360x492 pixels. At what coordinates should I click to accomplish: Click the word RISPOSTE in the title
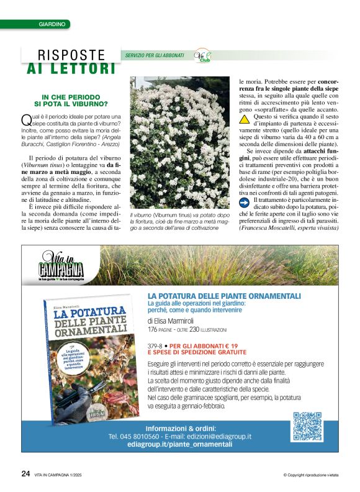(71, 55)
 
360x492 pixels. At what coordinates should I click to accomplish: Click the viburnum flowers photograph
(179, 142)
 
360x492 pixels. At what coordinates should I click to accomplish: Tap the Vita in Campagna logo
(61, 266)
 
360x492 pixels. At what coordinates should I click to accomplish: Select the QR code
(307, 426)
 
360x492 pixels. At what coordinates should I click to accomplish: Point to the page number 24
(25, 473)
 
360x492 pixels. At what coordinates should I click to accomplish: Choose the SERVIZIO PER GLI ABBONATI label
(155, 55)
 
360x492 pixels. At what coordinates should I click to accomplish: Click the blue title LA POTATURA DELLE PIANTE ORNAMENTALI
(224, 295)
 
